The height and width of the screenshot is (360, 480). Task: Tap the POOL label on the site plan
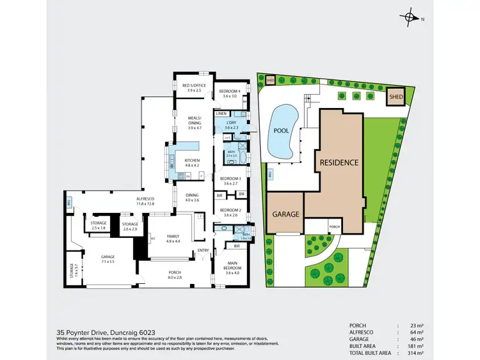click(282, 130)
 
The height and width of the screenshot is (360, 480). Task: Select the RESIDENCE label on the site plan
click(339, 162)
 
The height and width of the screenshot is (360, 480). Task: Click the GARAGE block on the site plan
click(285, 214)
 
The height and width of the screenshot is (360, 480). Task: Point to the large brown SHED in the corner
click(397, 97)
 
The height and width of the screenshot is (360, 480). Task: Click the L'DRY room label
click(231, 124)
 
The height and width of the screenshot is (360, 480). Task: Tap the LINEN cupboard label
click(221, 113)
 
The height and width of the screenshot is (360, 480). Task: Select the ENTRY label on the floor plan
click(203, 250)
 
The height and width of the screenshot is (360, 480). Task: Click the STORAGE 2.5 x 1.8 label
click(98, 225)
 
